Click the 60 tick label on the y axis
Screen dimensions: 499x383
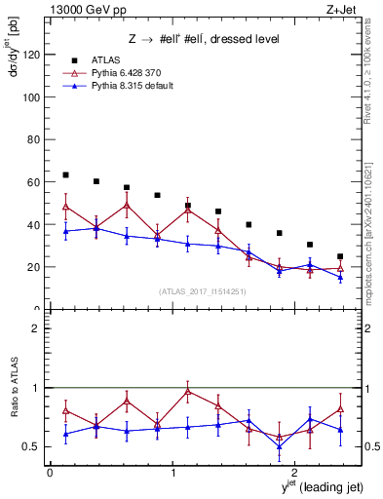tap(34, 182)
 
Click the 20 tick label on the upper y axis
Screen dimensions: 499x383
tap(34, 267)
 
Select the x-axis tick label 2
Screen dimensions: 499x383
tap(297, 472)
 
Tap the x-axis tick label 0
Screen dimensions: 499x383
tap(50, 472)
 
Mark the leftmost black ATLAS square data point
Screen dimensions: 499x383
tap(65, 175)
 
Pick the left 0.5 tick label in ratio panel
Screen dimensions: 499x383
tap(34, 447)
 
